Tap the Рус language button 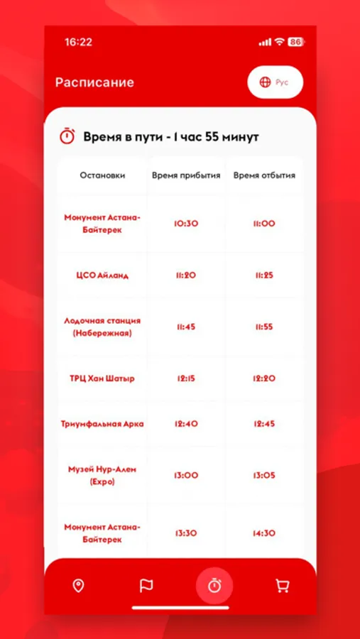[x=275, y=82]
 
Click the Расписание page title [x=94, y=82]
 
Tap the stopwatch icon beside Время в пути [x=67, y=136]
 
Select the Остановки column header [x=102, y=175]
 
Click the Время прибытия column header [x=186, y=175]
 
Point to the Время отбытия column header [x=264, y=175]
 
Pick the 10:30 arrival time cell [x=186, y=224]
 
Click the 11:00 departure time [x=264, y=224]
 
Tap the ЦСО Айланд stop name [x=102, y=275]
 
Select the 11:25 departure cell [x=264, y=275]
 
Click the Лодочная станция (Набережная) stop [x=102, y=327]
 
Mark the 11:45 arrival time [x=186, y=327]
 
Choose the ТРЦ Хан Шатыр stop [x=102, y=378]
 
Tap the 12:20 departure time [x=264, y=378]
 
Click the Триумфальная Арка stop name [x=102, y=424]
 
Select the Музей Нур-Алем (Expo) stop [x=102, y=475]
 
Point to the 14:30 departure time [x=264, y=533]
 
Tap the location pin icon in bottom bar [x=79, y=586]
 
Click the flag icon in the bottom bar [x=146, y=586]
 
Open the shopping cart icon [x=282, y=586]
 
